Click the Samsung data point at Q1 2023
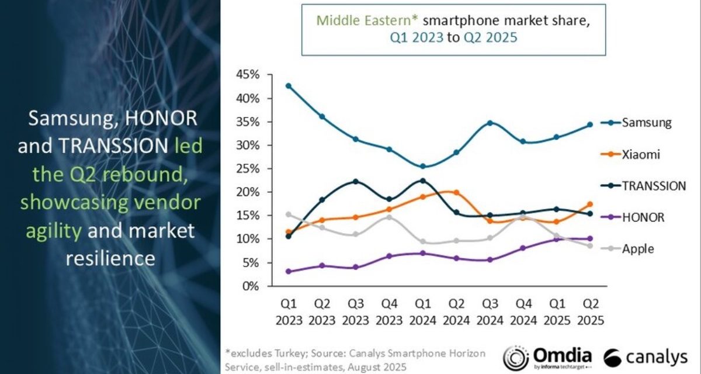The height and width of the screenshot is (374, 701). click(x=288, y=86)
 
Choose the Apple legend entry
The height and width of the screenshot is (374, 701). click(x=637, y=248)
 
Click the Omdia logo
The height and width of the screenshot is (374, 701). click(x=548, y=355)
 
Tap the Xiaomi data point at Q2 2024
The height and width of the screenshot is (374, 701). click(x=456, y=192)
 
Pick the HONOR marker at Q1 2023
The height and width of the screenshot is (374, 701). click(x=288, y=272)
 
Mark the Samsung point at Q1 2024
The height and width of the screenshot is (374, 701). click(x=422, y=167)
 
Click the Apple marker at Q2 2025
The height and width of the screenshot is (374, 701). click(x=590, y=245)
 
